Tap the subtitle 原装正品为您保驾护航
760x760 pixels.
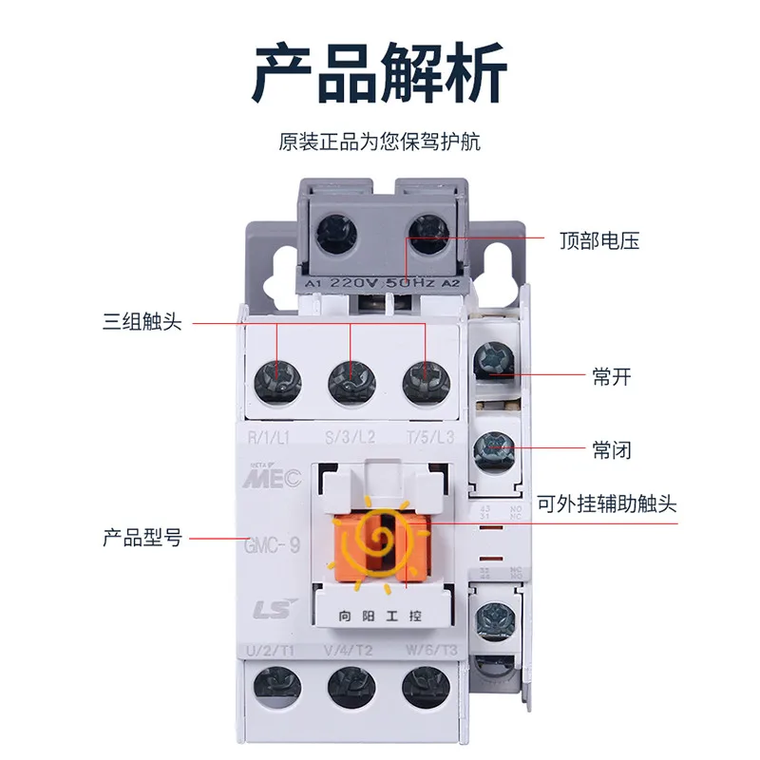point(379,142)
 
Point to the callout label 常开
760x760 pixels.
point(612,377)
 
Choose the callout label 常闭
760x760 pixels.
point(612,448)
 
